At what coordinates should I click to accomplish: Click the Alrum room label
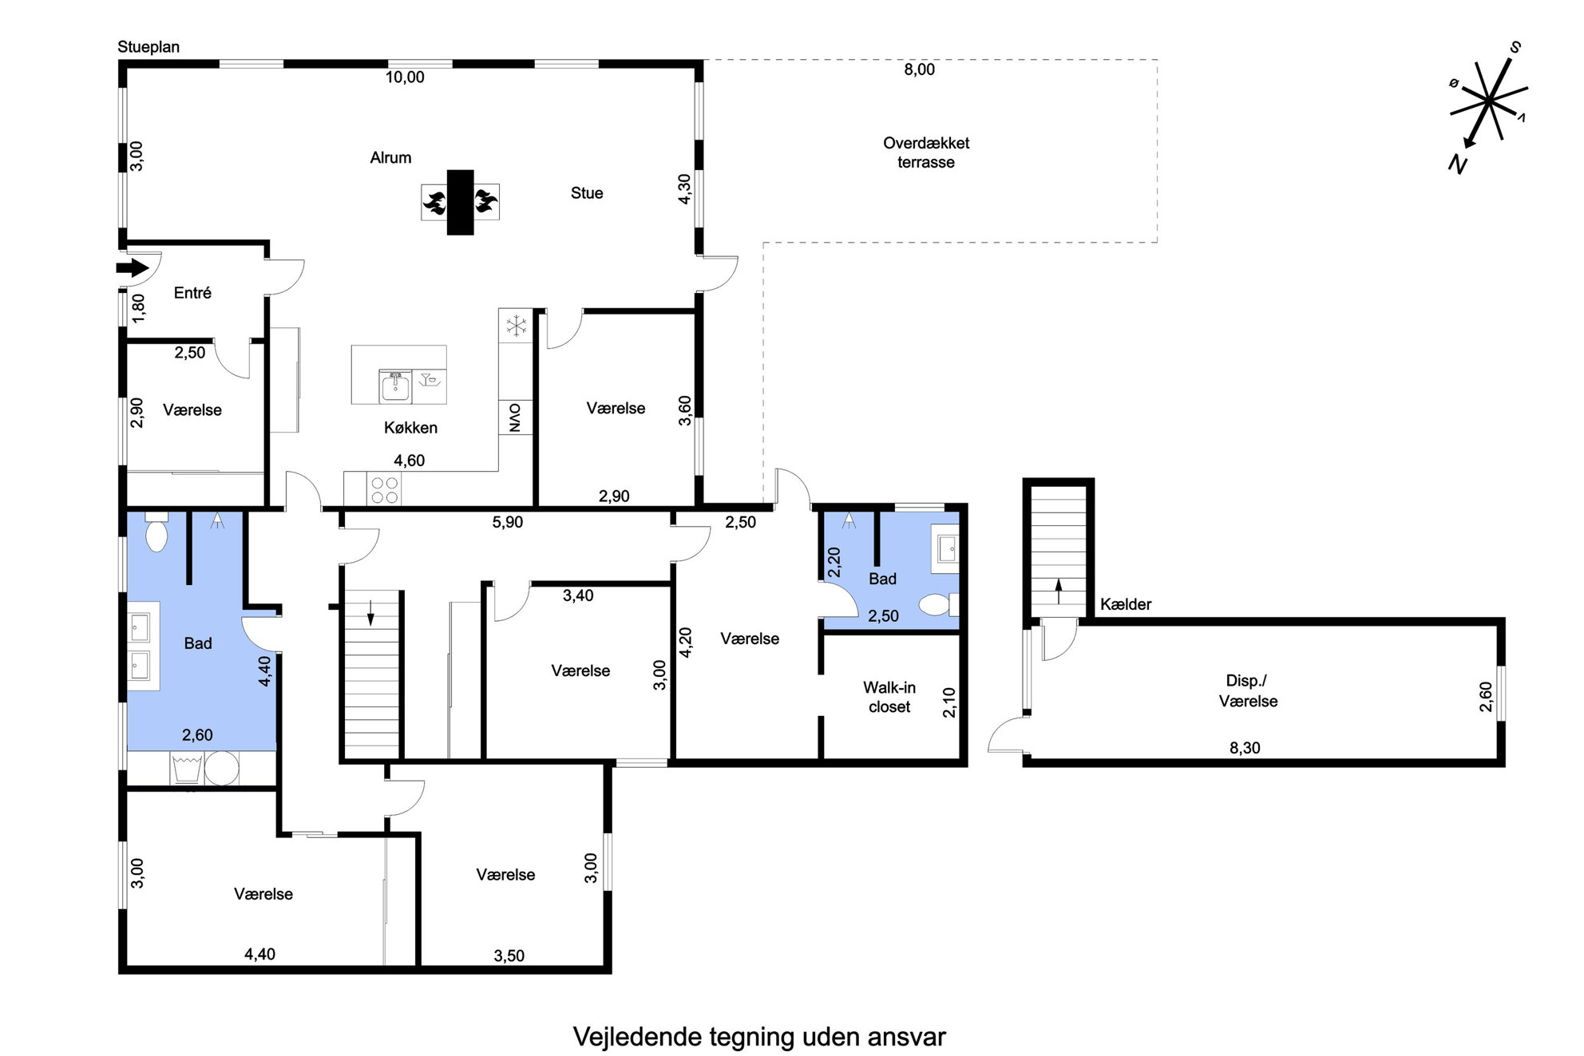pyautogui.click(x=390, y=158)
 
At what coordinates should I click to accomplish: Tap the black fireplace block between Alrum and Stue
pyautogui.click(x=460, y=202)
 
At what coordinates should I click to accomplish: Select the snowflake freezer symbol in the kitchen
pyautogui.click(x=516, y=326)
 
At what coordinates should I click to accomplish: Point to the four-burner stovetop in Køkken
pyautogui.click(x=385, y=489)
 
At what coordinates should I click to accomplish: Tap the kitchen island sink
pyautogui.click(x=394, y=386)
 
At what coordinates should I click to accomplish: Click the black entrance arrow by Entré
pyautogui.click(x=133, y=267)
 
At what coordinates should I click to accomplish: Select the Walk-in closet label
pyautogui.click(x=889, y=697)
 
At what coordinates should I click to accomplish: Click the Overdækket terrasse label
pyautogui.click(x=926, y=152)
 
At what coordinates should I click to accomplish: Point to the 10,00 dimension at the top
pyautogui.click(x=405, y=77)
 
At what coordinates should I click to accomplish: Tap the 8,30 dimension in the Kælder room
pyautogui.click(x=1245, y=748)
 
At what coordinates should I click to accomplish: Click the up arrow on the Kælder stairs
pyautogui.click(x=1059, y=591)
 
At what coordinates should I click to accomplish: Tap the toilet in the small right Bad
pyautogui.click(x=937, y=604)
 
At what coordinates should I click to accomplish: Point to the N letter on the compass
pyautogui.click(x=1458, y=164)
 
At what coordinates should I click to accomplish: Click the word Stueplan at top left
pyautogui.click(x=148, y=47)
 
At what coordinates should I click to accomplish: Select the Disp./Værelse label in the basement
pyautogui.click(x=1248, y=691)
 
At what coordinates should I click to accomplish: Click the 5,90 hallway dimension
pyautogui.click(x=508, y=522)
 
